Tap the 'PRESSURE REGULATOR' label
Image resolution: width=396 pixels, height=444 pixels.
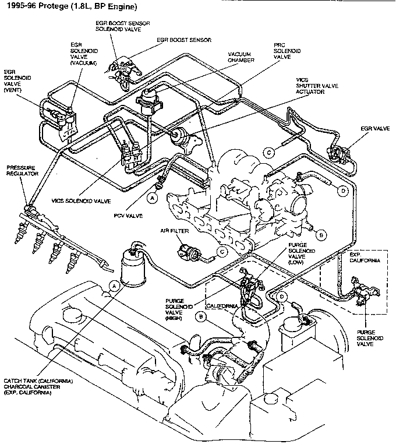pyautogui.click(x=22, y=170)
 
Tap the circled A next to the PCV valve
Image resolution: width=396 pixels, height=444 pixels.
pyautogui.click(x=153, y=198)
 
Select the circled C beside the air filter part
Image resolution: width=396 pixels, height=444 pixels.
pyautogui.click(x=222, y=252)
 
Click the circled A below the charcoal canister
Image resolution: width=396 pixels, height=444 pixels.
pyautogui.click(x=115, y=286)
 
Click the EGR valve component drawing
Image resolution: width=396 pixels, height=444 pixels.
pyautogui.click(x=337, y=152)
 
